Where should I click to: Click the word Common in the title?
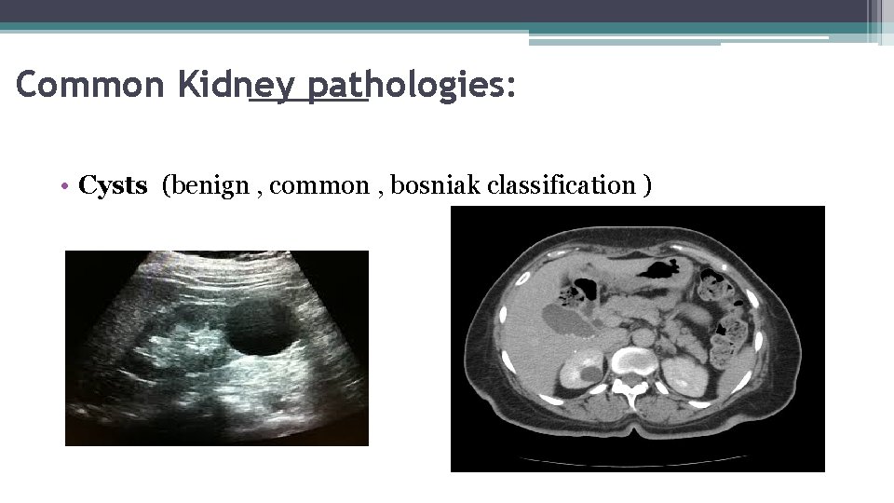coord(77,85)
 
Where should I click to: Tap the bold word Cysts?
coord(113,185)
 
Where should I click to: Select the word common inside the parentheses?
coord(321,185)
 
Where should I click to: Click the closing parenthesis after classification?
coord(646,185)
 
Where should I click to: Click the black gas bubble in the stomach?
coord(662,271)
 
